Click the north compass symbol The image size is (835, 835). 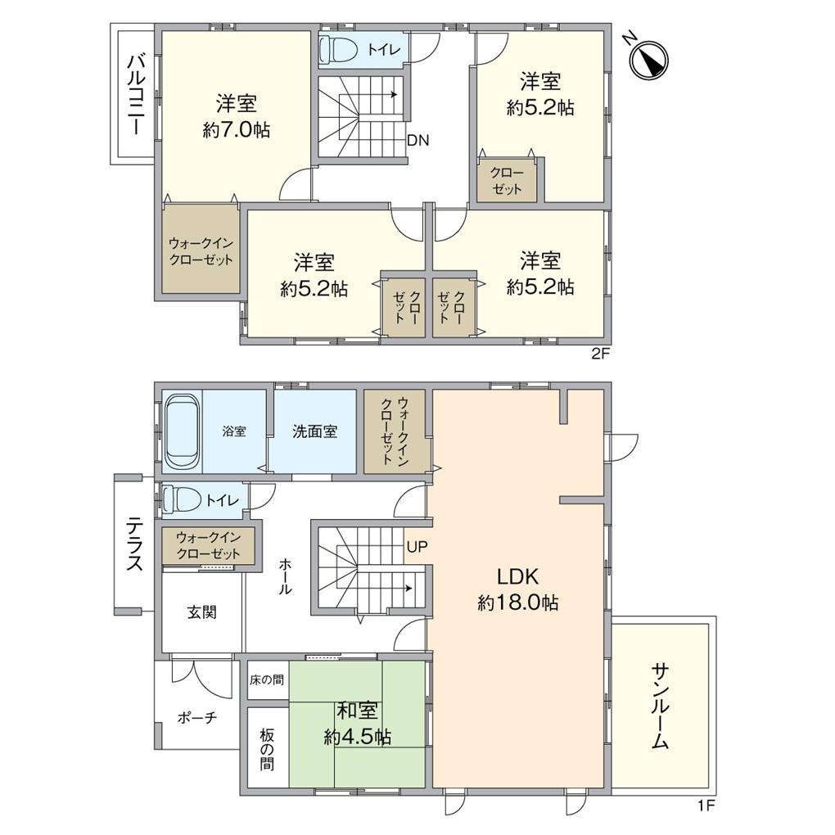click(x=651, y=59)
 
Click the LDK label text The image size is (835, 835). click(x=518, y=575)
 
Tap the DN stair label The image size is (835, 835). click(x=418, y=140)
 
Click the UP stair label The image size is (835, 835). click(x=416, y=545)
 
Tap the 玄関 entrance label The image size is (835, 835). click(x=202, y=612)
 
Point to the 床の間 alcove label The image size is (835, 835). click(x=268, y=679)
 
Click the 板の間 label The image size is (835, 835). click(x=268, y=750)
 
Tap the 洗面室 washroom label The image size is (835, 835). click(x=314, y=431)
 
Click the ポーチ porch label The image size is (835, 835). click(x=197, y=718)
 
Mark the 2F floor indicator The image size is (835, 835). click(x=601, y=354)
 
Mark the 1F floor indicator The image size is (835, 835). click(x=706, y=806)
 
